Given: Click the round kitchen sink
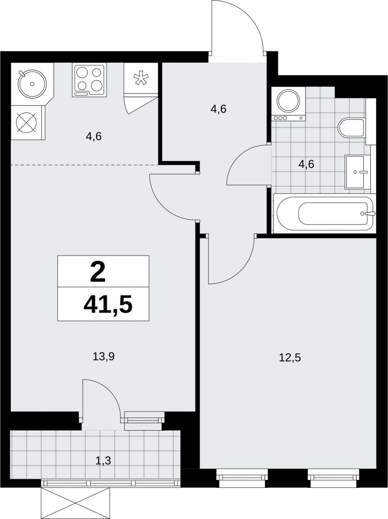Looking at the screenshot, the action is (32, 84).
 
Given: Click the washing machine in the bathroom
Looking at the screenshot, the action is (288, 104).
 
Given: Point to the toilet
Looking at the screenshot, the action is (351, 128).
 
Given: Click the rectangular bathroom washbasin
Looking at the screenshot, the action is (354, 172).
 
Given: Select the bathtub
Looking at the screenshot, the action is (325, 213).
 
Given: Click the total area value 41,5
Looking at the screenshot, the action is (108, 305).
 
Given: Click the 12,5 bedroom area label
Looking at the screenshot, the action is (290, 358).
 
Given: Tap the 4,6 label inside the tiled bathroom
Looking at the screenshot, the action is (306, 164).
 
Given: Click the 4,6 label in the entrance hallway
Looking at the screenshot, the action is (218, 109).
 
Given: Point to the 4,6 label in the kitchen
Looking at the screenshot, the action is (94, 137).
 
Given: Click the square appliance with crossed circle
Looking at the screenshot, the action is (26, 123).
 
